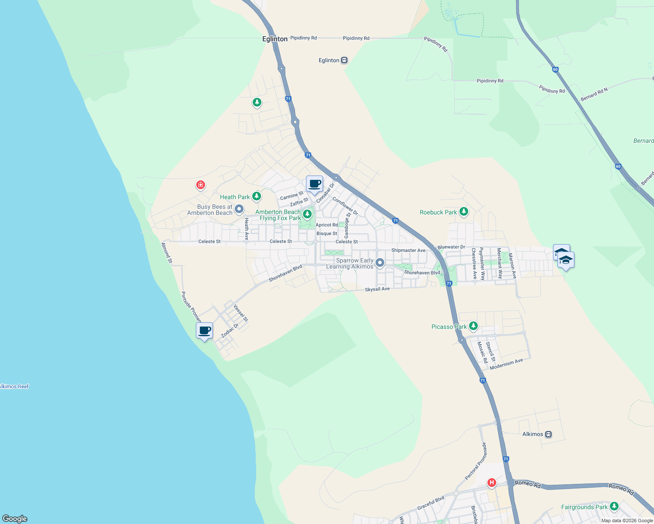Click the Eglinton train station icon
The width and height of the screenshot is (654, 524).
[x=344, y=60]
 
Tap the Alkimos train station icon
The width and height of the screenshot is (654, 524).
[x=549, y=434]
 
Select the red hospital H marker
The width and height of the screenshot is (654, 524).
[x=492, y=483]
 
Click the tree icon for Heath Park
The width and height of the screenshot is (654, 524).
[x=257, y=196]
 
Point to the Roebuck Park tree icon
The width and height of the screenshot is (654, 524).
[x=464, y=212]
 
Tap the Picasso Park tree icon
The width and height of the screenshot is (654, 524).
[x=473, y=326]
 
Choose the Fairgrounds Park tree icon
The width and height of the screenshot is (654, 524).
[x=614, y=507]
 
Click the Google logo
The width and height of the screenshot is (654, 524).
[x=15, y=518]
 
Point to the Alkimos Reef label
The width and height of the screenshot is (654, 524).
[x=14, y=386]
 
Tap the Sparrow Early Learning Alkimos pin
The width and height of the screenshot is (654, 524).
[x=380, y=263]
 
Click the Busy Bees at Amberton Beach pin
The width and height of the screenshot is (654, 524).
[x=239, y=210]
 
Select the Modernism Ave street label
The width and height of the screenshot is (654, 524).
[x=506, y=364]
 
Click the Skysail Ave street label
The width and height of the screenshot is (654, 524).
[x=377, y=289]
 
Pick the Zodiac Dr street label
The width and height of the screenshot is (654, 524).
[x=230, y=331]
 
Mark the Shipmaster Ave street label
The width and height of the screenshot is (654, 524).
[x=408, y=250]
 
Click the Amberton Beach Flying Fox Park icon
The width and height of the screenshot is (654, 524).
[x=307, y=214]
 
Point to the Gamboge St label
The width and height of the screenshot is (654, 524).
[x=347, y=225]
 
